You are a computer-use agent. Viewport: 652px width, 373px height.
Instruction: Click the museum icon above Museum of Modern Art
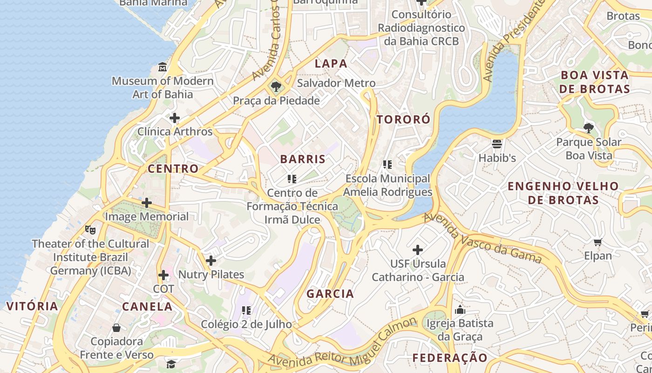(163, 67)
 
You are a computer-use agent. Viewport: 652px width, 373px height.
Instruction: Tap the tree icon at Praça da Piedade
(276, 86)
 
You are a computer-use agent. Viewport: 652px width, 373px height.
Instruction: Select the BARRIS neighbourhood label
(303, 159)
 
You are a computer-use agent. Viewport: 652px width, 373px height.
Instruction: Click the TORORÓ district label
(403, 119)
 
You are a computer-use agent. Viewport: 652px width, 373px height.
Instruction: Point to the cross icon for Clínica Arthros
(175, 118)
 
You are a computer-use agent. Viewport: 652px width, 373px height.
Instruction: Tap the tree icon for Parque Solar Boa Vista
(589, 128)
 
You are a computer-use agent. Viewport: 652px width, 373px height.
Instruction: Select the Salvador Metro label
(336, 83)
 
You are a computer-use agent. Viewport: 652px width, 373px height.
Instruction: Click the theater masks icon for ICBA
(90, 229)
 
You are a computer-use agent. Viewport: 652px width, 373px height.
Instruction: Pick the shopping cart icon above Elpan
(598, 242)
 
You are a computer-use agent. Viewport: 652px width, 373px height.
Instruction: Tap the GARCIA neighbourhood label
(330, 294)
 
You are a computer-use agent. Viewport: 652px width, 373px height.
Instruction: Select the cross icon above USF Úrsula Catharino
(418, 250)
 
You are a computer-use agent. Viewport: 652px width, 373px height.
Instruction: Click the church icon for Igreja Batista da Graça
(460, 310)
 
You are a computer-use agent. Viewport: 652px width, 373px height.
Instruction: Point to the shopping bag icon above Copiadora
(116, 328)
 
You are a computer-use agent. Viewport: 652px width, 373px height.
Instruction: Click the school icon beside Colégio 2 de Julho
(246, 311)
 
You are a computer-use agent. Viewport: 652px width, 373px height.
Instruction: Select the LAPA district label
(331, 63)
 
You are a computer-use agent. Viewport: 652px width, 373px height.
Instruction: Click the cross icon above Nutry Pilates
(211, 261)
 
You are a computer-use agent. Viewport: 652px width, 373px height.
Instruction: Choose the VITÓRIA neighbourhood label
(33, 306)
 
